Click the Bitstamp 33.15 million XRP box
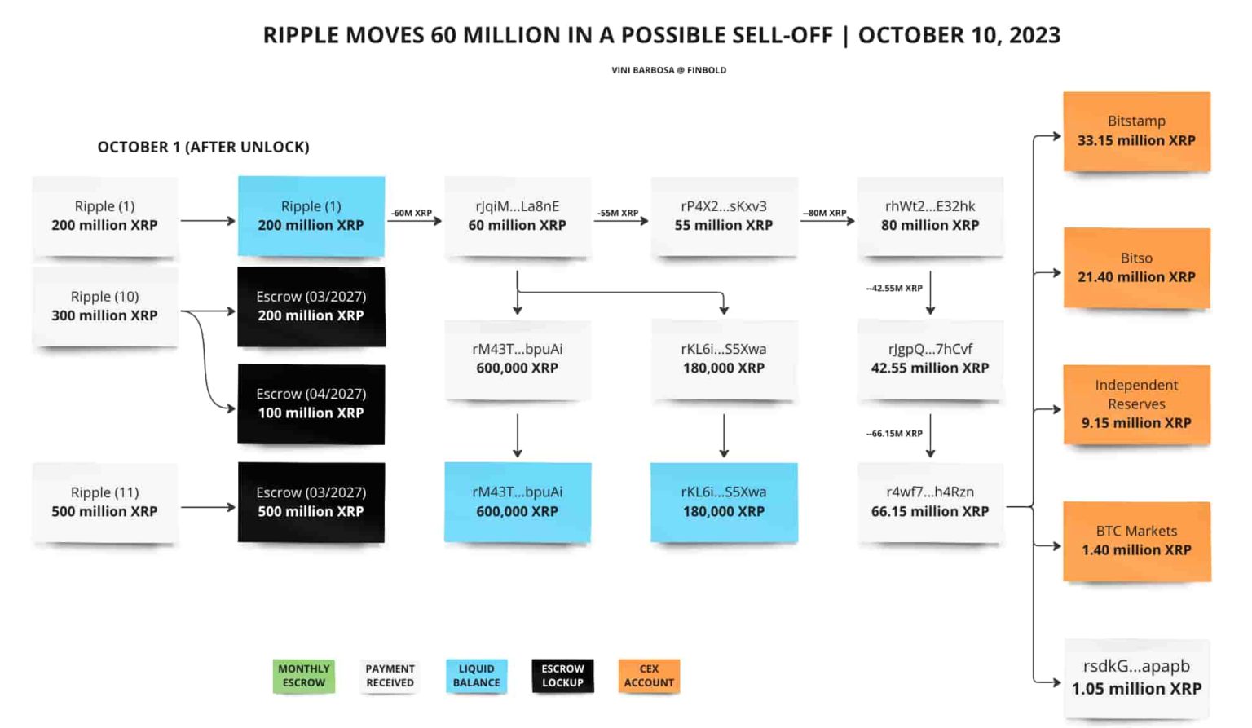point(1136,131)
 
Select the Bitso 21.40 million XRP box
point(1136,268)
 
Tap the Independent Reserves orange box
point(1136,404)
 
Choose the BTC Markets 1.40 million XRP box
point(1136,540)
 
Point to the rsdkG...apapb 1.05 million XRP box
point(1136,678)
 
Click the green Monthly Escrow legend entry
point(303,676)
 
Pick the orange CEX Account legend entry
point(649,676)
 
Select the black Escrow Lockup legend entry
point(562,676)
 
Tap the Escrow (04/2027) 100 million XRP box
point(311,404)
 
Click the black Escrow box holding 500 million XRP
point(311,502)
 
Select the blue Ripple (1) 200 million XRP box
point(311,216)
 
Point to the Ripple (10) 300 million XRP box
point(104,307)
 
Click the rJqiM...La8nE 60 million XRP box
point(517,216)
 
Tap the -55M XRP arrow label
point(618,213)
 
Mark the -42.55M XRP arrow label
point(894,289)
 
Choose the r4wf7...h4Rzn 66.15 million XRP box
point(929,502)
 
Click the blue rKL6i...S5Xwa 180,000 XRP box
point(723,502)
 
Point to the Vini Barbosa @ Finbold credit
point(668,70)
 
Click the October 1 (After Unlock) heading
point(203,148)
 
